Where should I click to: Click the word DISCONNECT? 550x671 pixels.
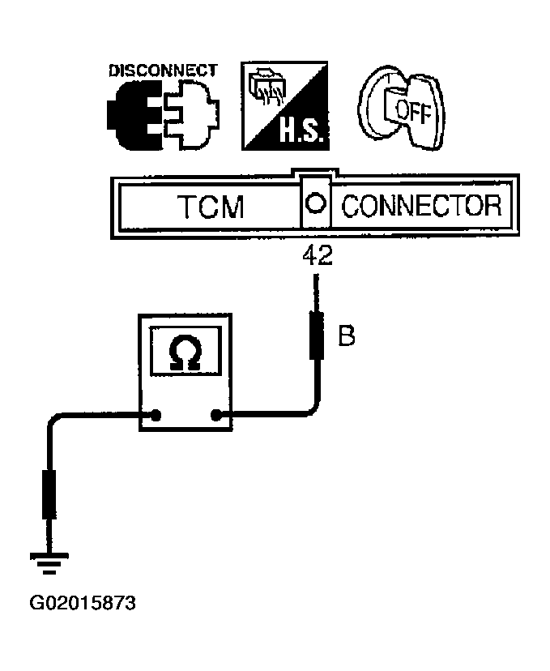(x=162, y=70)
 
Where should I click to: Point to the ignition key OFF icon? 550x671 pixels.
(x=403, y=106)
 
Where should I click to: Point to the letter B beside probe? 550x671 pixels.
(x=346, y=335)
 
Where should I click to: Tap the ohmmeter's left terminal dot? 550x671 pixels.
(x=155, y=417)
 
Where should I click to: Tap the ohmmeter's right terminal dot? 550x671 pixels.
(x=216, y=417)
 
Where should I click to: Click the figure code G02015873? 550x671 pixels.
(x=83, y=604)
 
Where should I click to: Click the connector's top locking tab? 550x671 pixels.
(x=316, y=173)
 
